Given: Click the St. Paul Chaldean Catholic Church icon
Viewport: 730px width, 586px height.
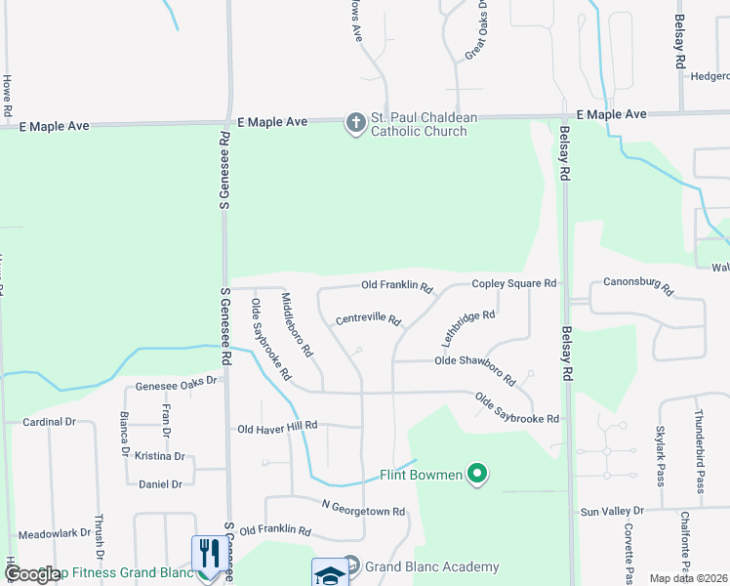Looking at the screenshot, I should [356, 123].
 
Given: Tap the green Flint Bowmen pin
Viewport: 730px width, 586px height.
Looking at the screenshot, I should [477, 476].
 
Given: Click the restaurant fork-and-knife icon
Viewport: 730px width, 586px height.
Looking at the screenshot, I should [206, 553].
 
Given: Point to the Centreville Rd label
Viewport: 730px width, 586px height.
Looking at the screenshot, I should [369, 319].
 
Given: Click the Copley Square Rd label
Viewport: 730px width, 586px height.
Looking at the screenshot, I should [513, 283].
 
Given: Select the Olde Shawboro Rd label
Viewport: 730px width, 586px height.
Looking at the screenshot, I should [475, 367].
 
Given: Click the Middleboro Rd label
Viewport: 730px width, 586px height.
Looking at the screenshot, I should [297, 323].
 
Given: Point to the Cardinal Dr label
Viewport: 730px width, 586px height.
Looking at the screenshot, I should [49, 422].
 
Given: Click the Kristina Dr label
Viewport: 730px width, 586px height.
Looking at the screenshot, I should [160, 456].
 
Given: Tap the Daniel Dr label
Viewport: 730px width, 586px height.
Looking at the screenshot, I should [161, 483].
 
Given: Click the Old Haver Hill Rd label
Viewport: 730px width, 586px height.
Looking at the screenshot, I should [278, 427].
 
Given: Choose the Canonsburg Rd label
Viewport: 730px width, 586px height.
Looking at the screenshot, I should [639, 286].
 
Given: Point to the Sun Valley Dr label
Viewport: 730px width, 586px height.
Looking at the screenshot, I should [613, 511].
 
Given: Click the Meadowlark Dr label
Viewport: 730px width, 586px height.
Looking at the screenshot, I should [55, 534].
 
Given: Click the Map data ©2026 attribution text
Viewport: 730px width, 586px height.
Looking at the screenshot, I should [687, 578].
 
